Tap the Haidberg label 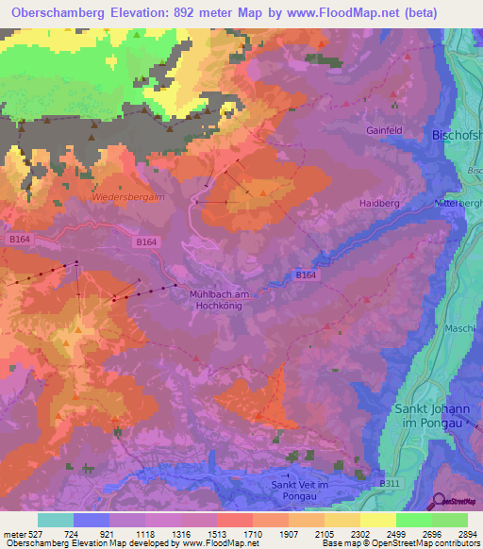380,203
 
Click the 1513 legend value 199,533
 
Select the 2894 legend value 468,533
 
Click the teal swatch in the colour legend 56,520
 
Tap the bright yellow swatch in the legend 377,520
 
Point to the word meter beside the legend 13,533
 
